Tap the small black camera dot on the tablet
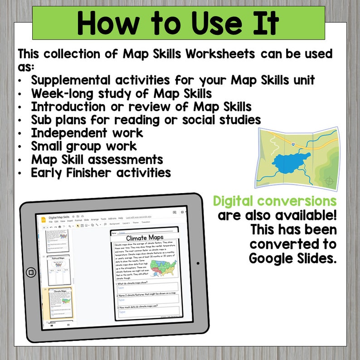tap(198, 263)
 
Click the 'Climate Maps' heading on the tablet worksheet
tap(145, 238)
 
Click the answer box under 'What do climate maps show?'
tap(148, 287)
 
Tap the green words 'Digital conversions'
tap(275, 200)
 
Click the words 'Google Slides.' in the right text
tap(292, 258)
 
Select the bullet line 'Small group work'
tap(84, 146)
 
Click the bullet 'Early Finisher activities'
tap(101, 173)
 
